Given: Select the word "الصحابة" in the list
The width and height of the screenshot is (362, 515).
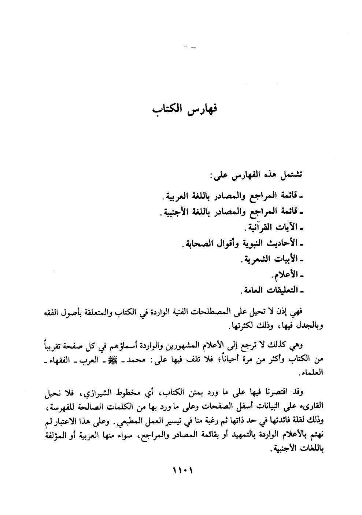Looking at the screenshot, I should pyautogui.click(x=198, y=243).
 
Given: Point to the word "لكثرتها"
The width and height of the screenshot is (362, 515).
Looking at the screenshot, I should pyautogui.click(x=237, y=325).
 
